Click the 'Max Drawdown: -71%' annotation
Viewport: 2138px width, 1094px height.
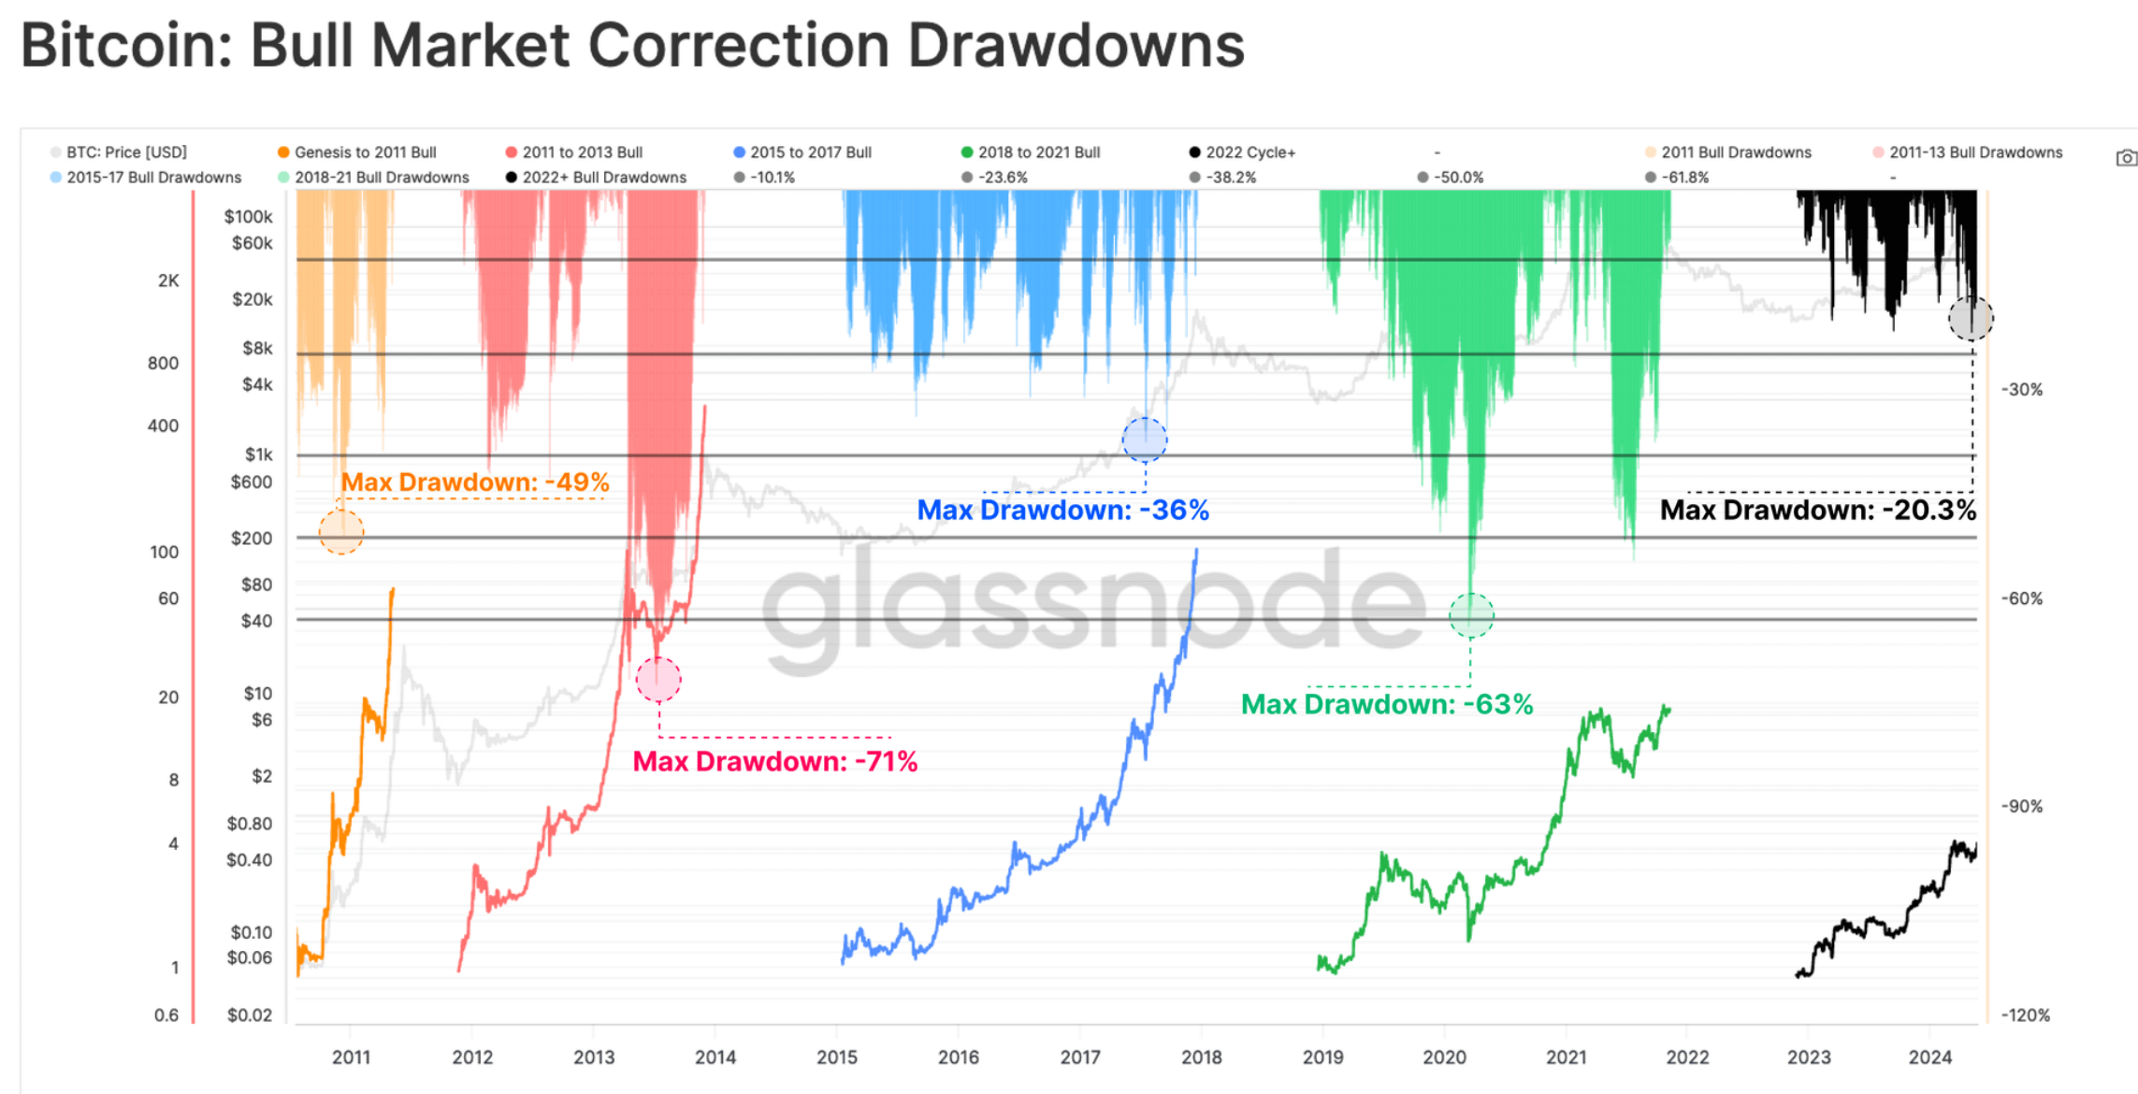(x=774, y=761)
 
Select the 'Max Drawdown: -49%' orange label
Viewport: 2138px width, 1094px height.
(x=474, y=482)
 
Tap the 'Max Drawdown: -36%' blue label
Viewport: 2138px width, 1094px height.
(x=1062, y=511)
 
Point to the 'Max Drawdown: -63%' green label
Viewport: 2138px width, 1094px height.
(x=1386, y=705)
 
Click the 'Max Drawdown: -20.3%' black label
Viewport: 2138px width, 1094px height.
(x=1817, y=511)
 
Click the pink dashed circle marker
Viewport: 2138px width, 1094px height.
(x=658, y=680)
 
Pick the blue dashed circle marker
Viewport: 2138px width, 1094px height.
(x=1145, y=439)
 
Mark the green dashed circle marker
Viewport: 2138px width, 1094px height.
(x=1471, y=615)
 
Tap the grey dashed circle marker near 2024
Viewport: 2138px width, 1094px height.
(x=1971, y=319)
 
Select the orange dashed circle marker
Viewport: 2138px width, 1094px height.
(x=341, y=532)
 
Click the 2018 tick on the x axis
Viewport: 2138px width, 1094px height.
(x=1201, y=1058)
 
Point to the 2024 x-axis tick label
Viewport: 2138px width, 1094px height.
(x=1929, y=1058)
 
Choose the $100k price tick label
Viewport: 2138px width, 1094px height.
(x=248, y=217)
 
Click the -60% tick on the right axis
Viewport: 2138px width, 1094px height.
(x=2021, y=598)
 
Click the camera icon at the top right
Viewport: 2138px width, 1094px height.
(x=2125, y=158)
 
